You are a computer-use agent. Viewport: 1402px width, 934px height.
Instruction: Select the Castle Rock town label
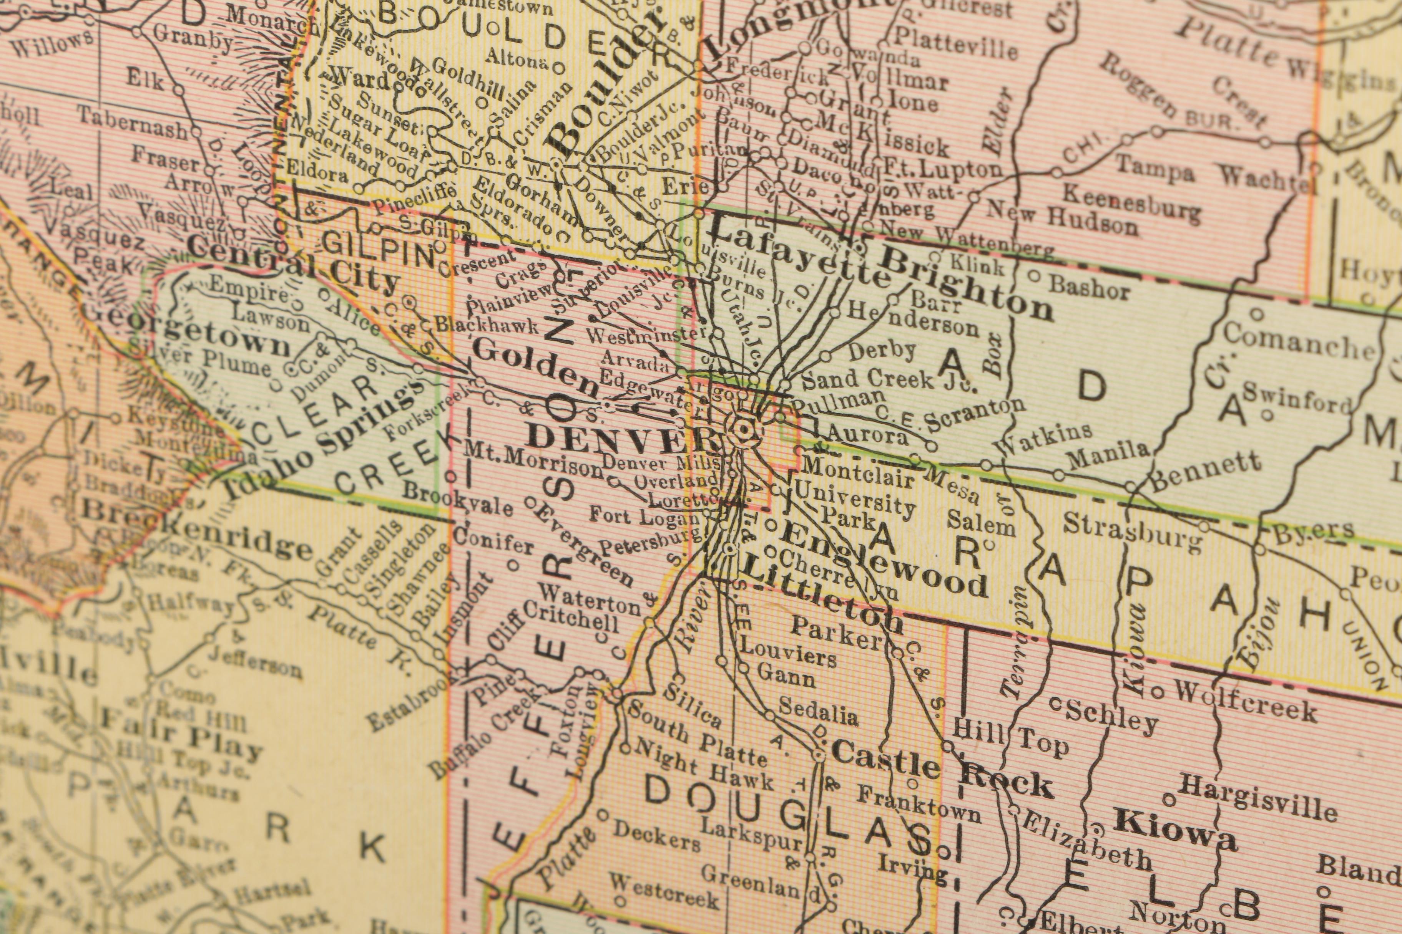tap(942, 770)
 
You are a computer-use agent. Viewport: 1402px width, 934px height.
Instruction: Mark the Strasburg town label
tap(1133, 532)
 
